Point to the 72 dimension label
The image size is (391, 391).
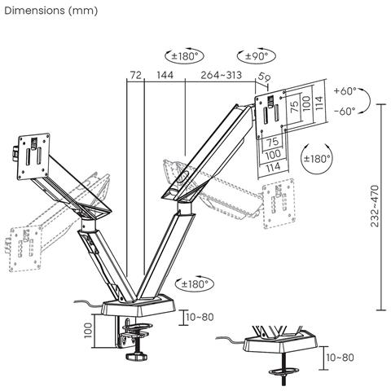[x=135, y=76]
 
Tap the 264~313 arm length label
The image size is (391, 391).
[x=222, y=76]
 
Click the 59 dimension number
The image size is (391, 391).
[x=263, y=77]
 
